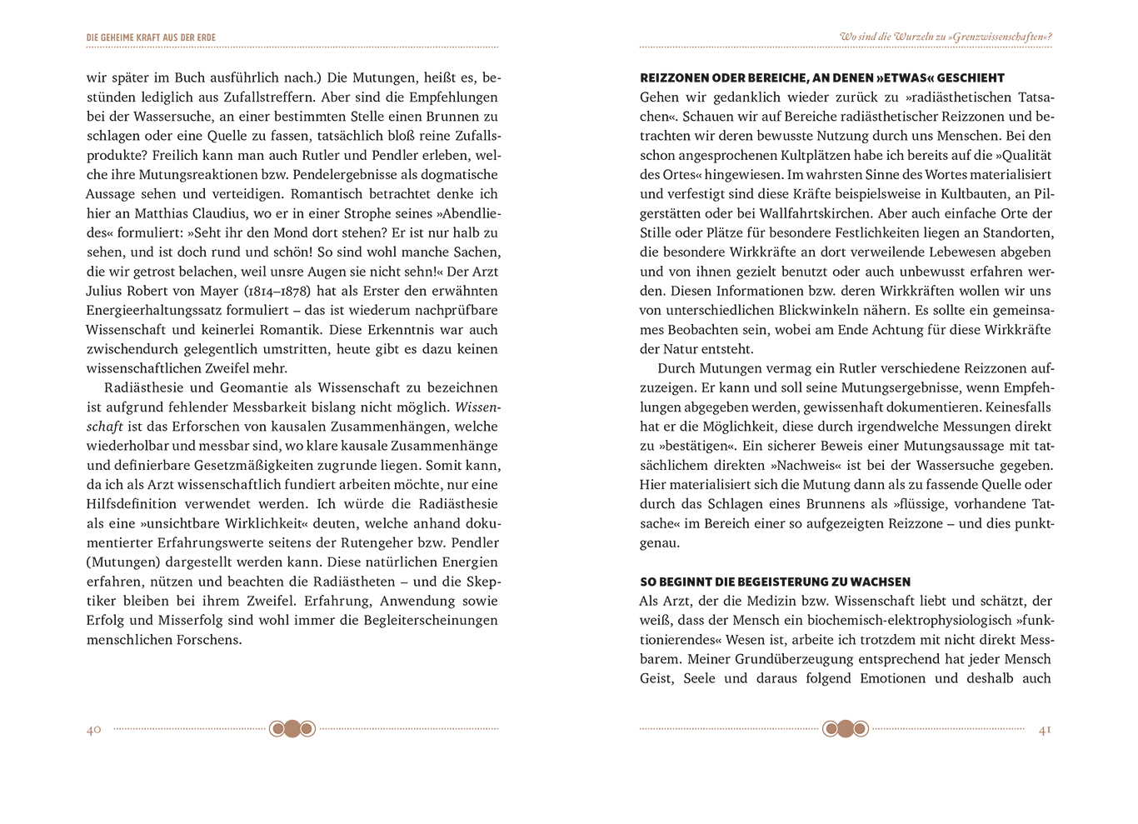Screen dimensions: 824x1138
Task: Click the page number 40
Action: (93, 730)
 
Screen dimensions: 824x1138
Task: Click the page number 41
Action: (1045, 730)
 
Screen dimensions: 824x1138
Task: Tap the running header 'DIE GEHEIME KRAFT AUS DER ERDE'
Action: (151, 37)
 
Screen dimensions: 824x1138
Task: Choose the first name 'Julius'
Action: (105, 291)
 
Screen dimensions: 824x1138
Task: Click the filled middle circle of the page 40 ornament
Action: (292, 729)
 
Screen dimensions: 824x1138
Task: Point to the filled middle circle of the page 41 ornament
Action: (846, 729)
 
